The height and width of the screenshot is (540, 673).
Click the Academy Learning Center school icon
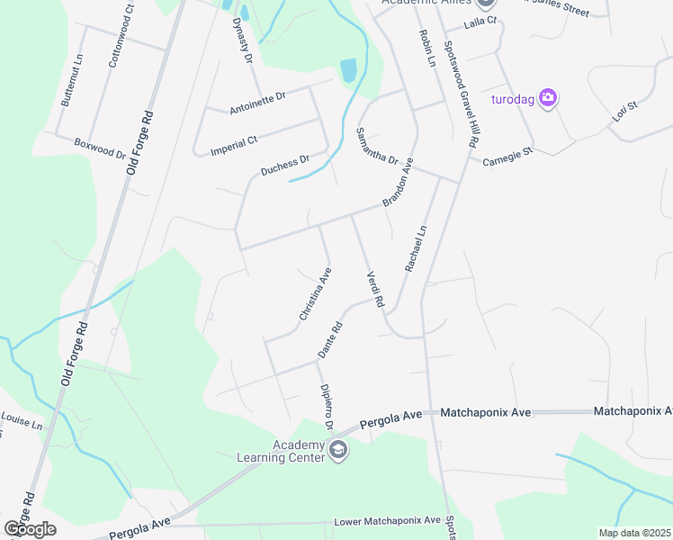[x=338, y=450]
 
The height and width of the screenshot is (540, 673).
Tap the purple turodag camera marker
[x=549, y=98]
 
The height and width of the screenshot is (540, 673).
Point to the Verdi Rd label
[x=375, y=290]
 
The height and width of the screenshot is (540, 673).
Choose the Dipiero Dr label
[x=328, y=408]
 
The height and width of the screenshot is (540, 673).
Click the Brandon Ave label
[x=398, y=183]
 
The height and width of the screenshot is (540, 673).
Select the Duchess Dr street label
[x=285, y=165]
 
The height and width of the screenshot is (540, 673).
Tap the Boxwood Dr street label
[x=100, y=148]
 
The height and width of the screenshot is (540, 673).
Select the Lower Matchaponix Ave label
[x=387, y=521]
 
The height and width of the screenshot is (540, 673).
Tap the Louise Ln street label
[x=22, y=420]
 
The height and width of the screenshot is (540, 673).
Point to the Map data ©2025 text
[x=634, y=533]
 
